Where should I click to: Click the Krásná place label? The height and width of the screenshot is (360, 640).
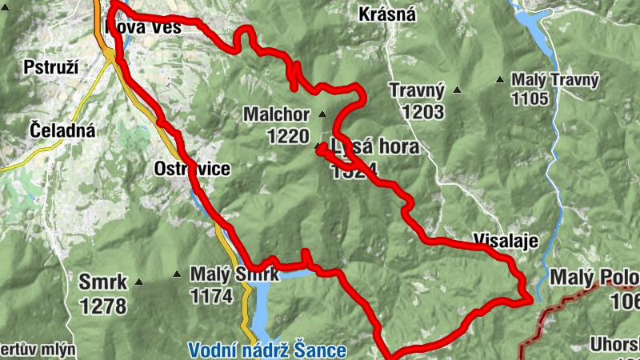point(387,14)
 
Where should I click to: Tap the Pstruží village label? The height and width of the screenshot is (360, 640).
point(51,66)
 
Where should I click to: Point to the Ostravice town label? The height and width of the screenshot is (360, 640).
point(192,169)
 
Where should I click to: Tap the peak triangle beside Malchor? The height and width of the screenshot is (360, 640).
point(322,114)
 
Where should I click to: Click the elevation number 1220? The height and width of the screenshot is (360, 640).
point(288,137)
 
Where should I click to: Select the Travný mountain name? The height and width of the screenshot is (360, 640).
point(417,90)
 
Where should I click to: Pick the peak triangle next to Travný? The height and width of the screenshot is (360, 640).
point(458,90)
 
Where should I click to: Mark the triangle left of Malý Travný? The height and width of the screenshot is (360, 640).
point(500,79)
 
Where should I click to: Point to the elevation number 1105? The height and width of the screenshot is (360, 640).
point(531,99)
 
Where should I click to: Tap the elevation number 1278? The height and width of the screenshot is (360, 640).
point(103,306)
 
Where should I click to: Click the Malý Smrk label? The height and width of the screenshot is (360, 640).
point(234,274)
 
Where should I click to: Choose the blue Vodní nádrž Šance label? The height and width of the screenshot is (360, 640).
point(267,350)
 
